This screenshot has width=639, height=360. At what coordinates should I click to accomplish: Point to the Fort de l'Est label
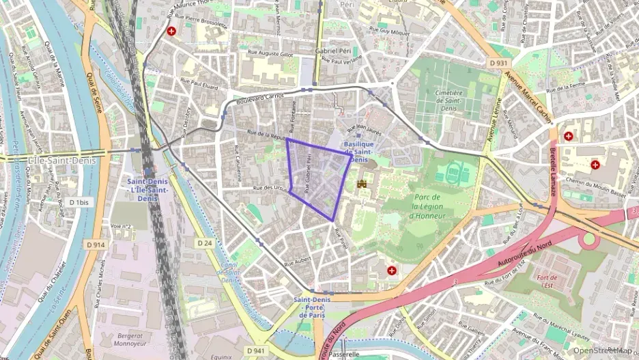pos(548,281)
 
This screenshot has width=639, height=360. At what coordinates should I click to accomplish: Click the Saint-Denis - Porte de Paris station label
pos(313,307)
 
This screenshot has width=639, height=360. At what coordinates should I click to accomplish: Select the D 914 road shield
pos(96,244)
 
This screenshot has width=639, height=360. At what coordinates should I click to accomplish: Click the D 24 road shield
pos(205,243)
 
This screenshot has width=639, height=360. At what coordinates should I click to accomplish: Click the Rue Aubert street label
pos(298,260)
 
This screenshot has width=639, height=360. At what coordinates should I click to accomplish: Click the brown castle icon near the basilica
pos(363,183)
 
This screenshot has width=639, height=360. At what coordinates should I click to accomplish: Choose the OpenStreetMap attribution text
pos(603,350)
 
